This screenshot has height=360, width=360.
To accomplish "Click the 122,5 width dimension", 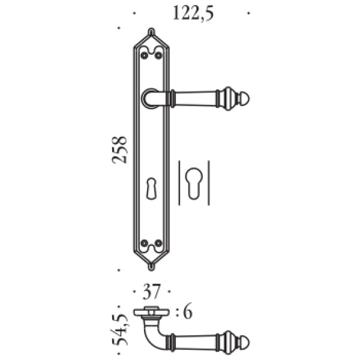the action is coord(193,14).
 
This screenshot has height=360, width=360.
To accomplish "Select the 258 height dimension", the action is coord(119,150).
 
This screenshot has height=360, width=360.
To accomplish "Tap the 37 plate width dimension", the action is coord(151,292).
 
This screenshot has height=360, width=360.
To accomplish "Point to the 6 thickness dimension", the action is coord(188,312).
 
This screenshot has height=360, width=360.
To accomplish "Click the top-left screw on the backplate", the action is coord(144,56).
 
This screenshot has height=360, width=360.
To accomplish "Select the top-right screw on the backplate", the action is coord(158,56).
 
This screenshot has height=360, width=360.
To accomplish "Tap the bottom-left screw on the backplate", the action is coord(144,242).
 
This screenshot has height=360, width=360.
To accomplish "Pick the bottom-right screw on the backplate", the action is coord(158,242).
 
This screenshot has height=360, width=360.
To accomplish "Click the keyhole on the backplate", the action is coord(151,188).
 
